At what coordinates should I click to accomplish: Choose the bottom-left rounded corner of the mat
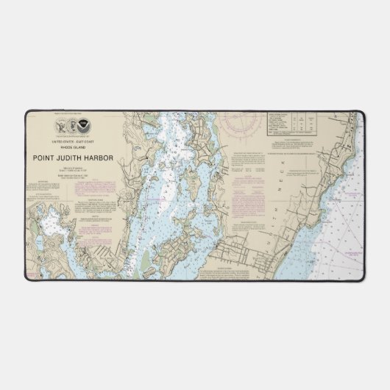coord(28,280)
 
